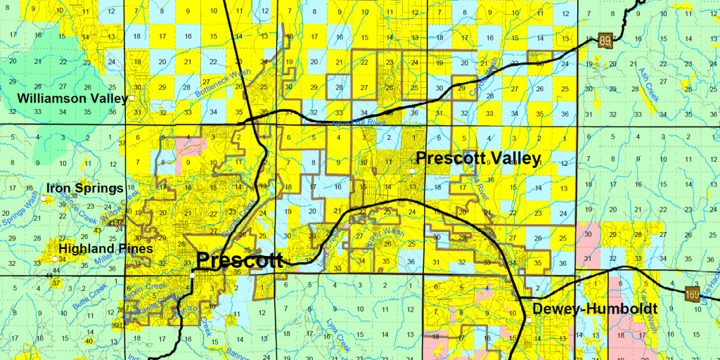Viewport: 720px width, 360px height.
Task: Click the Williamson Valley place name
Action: [72, 98]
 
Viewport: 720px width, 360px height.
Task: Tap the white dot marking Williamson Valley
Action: [131, 98]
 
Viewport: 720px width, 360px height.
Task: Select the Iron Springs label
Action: [84, 188]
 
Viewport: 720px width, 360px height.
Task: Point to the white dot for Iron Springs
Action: [44, 198]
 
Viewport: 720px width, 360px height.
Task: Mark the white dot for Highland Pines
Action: [55, 259]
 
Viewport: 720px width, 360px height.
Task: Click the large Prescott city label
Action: [239, 260]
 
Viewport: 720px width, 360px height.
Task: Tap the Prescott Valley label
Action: [478, 158]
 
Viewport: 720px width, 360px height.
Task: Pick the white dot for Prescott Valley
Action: [412, 170]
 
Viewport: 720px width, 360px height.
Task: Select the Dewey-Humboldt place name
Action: [595, 309]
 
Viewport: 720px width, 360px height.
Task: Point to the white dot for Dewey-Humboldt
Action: [529, 321]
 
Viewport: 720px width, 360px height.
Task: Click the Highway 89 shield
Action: [605, 41]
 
